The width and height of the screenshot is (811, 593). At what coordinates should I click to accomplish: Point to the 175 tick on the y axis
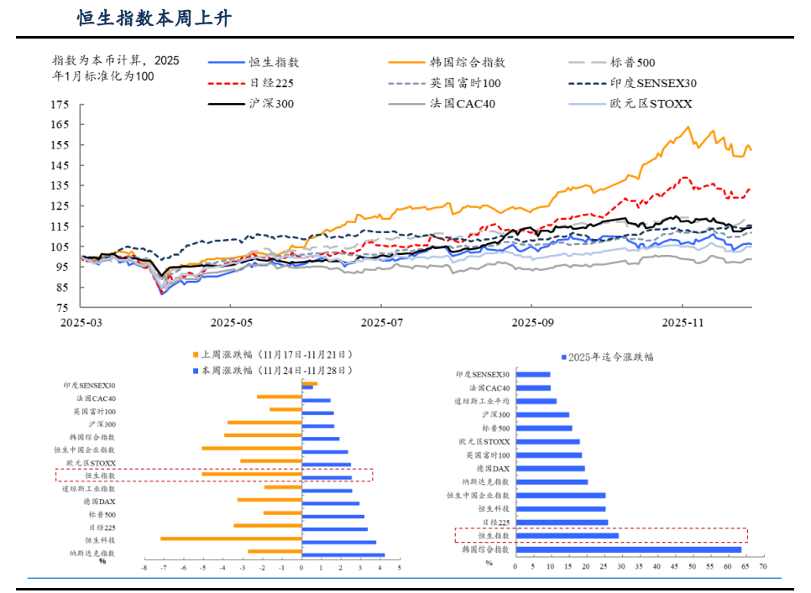[x=60, y=105]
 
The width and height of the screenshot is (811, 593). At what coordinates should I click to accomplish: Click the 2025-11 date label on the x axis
[x=682, y=323]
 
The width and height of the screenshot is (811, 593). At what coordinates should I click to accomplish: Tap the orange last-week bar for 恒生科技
[x=231, y=538]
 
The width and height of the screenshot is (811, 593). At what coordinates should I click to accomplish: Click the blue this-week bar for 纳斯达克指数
[x=343, y=554]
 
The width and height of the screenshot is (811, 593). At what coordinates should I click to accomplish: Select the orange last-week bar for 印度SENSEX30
[x=309, y=383]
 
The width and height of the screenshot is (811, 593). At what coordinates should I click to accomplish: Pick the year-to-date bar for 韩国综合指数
[x=629, y=549]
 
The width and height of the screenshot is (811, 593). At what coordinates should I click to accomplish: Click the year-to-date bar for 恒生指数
[x=568, y=535]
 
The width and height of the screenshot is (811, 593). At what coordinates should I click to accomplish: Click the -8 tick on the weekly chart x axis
[x=144, y=568]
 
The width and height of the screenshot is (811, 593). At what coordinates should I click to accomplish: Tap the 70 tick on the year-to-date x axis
[x=762, y=568]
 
